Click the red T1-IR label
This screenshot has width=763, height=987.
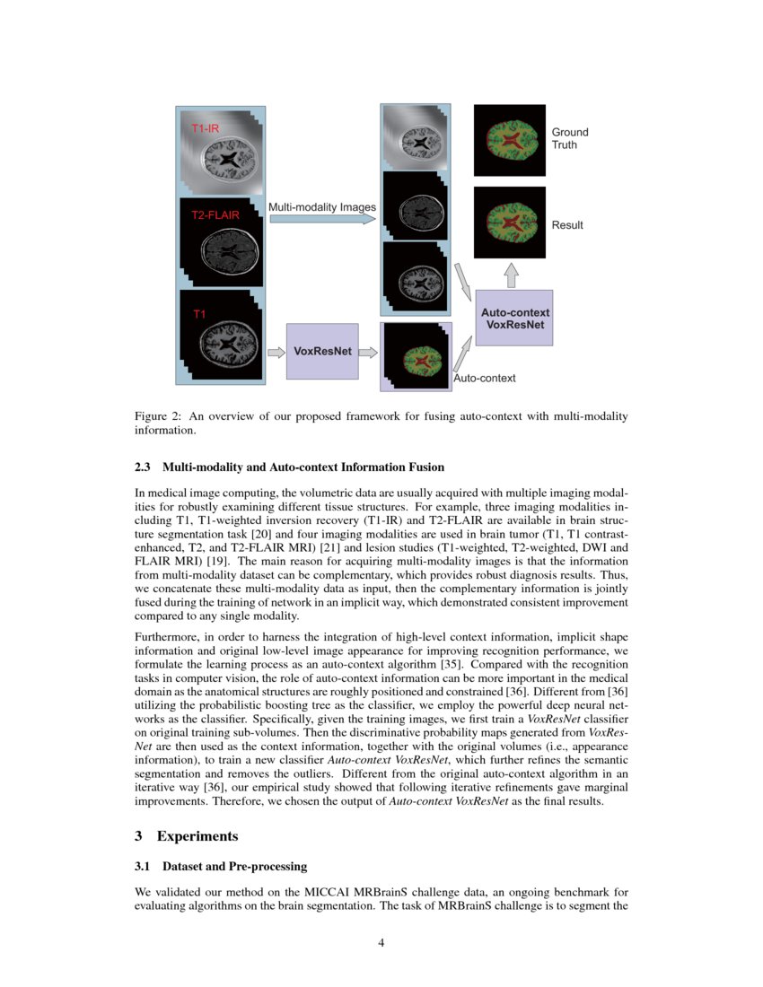click(x=206, y=129)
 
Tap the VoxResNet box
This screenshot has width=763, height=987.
click(x=322, y=351)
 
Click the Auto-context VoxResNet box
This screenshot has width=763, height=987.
click(x=513, y=318)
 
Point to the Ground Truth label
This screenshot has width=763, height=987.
click(x=570, y=138)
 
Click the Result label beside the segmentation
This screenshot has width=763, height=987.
click(x=567, y=225)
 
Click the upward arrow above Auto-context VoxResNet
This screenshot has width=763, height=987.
click(x=511, y=275)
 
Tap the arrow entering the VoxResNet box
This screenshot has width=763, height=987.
click(x=275, y=352)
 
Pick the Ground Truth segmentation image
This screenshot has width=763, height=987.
click(x=509, y=140)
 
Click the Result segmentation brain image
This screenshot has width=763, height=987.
click(x=509, y=223)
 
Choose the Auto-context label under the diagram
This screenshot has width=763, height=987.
click(x=485, y=379)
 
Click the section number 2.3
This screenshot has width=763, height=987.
click(x=145, y=467)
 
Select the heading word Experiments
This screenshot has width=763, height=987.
click(x=197, y=836)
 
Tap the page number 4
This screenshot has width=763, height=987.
click(x=381, y=942)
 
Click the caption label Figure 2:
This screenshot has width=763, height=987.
click(x=158, y=416)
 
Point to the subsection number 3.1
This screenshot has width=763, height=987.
click(x=145, y=867)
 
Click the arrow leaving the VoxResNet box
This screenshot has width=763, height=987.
click(x=368, y=352)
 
